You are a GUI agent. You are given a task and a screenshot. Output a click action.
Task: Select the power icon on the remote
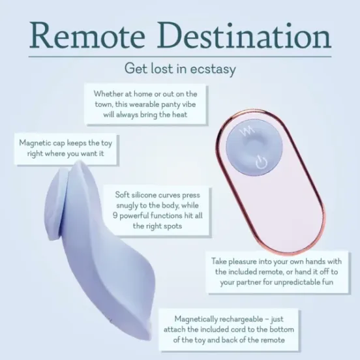pos(262,162)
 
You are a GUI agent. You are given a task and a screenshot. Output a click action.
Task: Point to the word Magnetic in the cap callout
pos(37,143)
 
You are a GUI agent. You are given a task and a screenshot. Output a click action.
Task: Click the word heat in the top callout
pos(177,115)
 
